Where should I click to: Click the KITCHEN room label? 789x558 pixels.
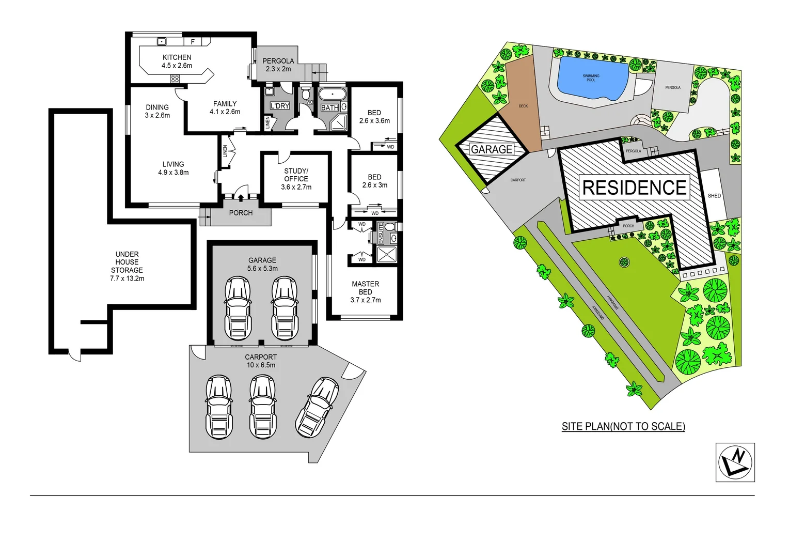click(177, 57)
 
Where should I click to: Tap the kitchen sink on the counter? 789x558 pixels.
click(162, 41)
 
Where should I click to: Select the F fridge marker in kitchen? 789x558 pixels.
click(193, 41)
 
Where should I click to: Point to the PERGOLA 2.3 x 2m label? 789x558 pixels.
click(278, 65)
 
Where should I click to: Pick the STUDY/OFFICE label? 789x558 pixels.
click(296, 179)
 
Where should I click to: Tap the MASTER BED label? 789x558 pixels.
click(366, 291)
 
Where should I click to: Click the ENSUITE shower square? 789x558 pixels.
click(386, 255)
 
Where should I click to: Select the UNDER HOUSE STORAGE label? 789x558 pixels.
click(127, 266)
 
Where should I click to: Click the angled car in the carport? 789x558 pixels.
click(317, 407)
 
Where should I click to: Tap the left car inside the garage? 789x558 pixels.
click(238, 308)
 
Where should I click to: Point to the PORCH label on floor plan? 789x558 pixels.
click(241, 213)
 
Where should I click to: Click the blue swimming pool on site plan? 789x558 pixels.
click(592, 79)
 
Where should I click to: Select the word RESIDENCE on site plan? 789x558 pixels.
click(634, 188)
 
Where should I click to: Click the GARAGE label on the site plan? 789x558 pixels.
click(492, 149)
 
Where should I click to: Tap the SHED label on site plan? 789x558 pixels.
click(714, 196)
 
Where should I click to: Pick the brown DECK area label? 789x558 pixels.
click(523, 106)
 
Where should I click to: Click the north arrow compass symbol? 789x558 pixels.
click(735, 462)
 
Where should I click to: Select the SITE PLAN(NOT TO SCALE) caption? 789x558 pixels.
click(623, 426)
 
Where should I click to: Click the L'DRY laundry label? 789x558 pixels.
click(280, 106)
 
